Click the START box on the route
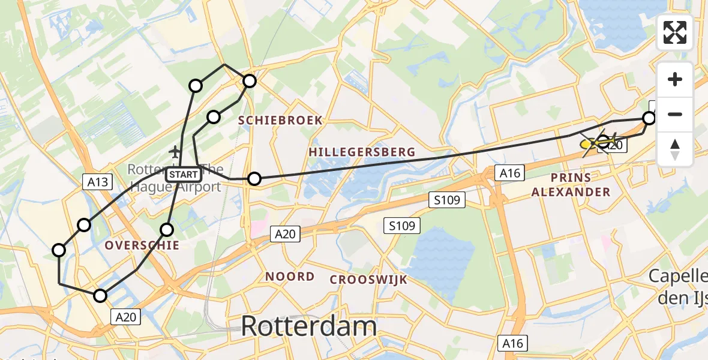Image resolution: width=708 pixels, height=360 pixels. [x=184, y=175]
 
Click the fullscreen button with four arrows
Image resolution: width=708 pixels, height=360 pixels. [x=675, y=32]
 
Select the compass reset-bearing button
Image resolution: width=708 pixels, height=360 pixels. [x=675, y=149]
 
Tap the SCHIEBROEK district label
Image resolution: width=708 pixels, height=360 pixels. [x=280, y=121]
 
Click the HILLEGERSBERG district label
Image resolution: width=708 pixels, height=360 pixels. [x=362, y=152]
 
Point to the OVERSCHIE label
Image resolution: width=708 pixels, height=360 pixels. [x=142, y=245]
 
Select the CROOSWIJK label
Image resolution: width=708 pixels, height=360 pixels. [x=368, y=280]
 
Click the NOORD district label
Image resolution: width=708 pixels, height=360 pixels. [x=290, y=277]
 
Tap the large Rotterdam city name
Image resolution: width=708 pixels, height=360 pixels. [x=309, y=326]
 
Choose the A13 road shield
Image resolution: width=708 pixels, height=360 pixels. [x=97, y=181]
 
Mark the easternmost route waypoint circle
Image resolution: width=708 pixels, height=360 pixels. [x=649, y=118]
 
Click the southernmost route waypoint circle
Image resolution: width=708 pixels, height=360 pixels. [x=100, y=295]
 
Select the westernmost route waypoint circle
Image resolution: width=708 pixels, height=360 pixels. [x=59, y=250]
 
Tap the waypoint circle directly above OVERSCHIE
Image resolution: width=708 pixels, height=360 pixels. [x=167, y=229]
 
